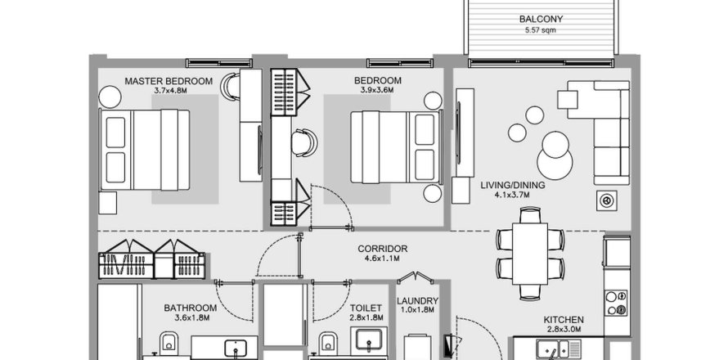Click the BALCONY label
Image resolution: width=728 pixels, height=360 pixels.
click(541, 19)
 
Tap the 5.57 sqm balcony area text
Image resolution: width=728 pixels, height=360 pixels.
click(541, 30)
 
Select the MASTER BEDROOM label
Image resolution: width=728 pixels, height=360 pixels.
click(169, 81)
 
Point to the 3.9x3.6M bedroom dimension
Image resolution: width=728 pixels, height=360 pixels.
click(377, 90)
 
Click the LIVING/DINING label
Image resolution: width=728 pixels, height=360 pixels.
click(513, 186)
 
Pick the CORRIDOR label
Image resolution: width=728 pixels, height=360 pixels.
click(383, 249)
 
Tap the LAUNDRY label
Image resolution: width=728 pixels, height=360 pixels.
click(417, 301)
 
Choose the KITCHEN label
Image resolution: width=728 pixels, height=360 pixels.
click(564, 320)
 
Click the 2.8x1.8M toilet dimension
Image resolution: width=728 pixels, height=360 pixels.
click(366, 318)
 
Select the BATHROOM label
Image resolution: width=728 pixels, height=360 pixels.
click(191, 308)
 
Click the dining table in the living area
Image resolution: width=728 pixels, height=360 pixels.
click(530, 254)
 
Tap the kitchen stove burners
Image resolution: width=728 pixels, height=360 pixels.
click(617, 304)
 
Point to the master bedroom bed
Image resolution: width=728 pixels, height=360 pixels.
click(145, 150)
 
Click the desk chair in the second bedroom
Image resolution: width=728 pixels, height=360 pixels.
click(305, 143)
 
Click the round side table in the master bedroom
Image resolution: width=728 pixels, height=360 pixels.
click(110, 97)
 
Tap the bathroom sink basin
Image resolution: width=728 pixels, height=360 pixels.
click(235, 348)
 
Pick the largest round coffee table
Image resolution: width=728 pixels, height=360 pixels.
click(555, 164)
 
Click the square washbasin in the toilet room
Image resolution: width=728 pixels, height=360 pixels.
click(369, 340)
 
